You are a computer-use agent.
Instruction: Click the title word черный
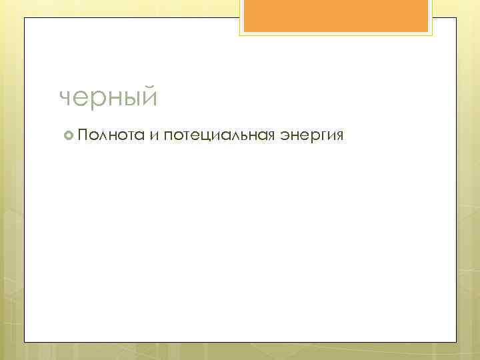[109, 98]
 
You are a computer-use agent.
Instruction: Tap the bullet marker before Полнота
[68, 136]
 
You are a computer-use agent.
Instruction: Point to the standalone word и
[154, 136]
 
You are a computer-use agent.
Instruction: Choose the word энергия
[312, 136]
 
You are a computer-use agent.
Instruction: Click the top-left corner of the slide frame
[25, 18]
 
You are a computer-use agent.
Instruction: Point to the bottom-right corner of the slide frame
[456, 342]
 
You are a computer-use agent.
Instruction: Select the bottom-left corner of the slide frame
[25, 342]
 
